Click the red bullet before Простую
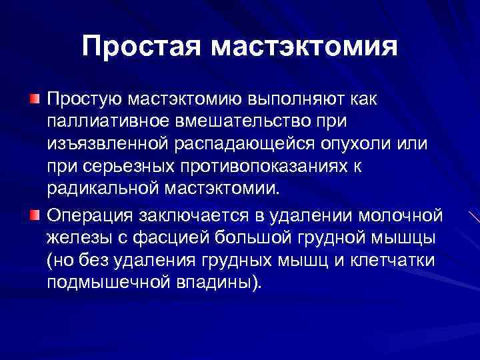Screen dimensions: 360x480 tap(33, 99)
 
